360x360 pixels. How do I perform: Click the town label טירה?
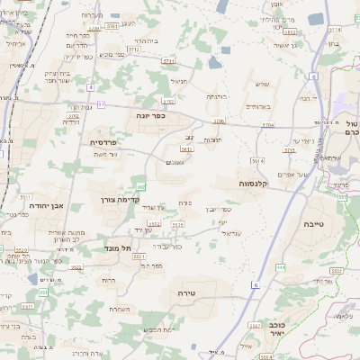[200, 293]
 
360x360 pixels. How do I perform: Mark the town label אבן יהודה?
[45, 206]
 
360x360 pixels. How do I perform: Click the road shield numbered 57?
[102, 105]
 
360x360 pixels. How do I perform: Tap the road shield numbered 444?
[281, 266]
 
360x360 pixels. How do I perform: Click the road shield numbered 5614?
[257, 161]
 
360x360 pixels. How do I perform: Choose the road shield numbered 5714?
[133, 50]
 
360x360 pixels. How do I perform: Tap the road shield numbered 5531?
[140, 256]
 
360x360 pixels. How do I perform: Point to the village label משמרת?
[116, 309]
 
